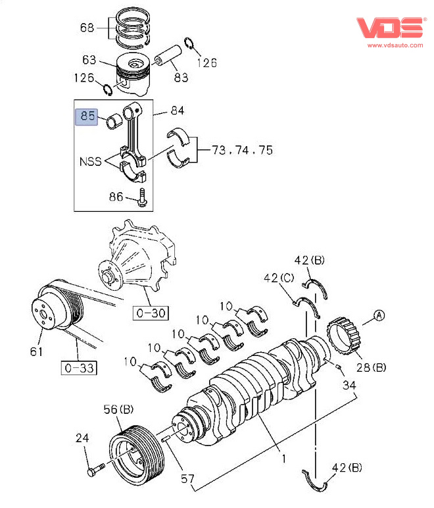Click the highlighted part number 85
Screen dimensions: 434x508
[87, 116]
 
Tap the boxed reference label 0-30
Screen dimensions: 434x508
[151, 313]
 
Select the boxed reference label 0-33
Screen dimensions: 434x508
[80, 368]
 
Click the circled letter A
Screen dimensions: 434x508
[379, 315]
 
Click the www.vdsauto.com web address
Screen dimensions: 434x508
[395, 45]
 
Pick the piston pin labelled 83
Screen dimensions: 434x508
[168, 55]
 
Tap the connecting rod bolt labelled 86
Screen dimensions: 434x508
[142, 197]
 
